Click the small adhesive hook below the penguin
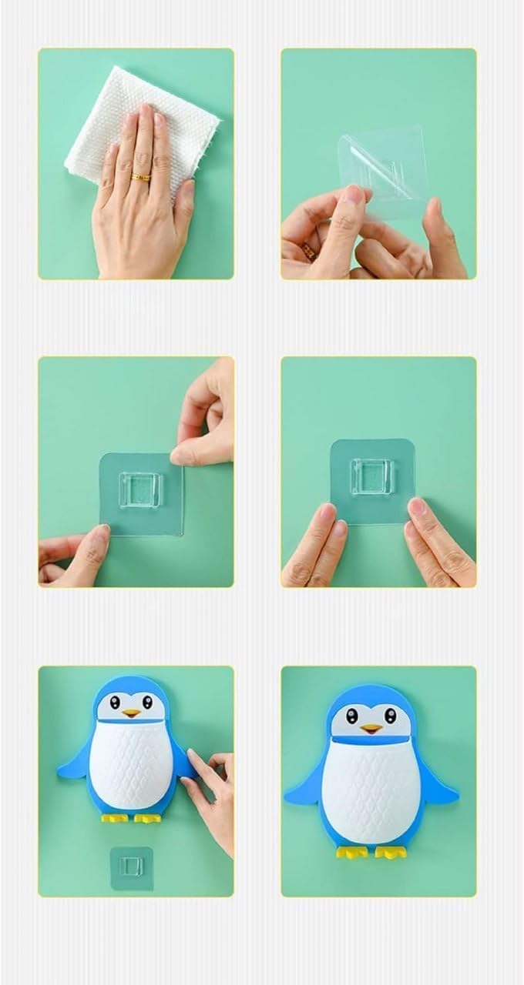pyautogui.click(x=132, y=868)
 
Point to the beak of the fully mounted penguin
pyautogui.click(x=372, y=729)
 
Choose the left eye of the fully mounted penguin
pyautogui.click(x=352, y=716)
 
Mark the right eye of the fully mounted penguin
pyautogui.click(x=393, y=716)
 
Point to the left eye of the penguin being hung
pyautogui.click(x=115, y=703)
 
